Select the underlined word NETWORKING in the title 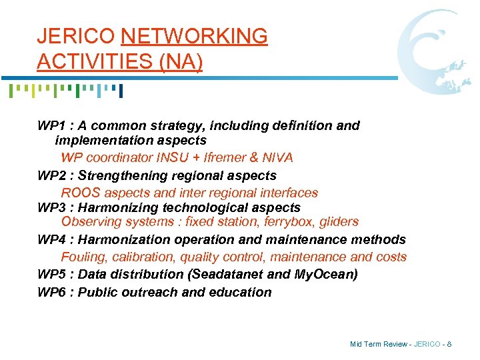195,36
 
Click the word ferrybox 277,222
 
